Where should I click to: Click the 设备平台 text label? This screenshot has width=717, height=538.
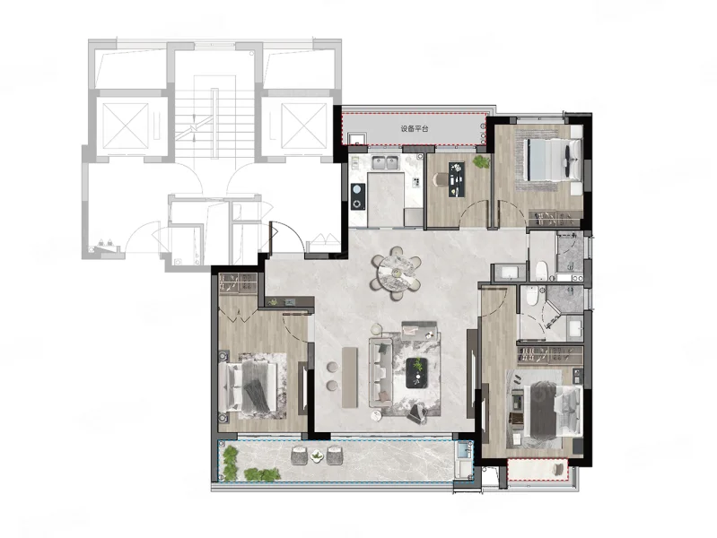click(415, 129)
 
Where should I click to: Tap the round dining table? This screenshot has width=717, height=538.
click(397, 273)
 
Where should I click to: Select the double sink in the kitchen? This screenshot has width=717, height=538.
click(385, 162)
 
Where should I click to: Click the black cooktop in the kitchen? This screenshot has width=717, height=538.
click(358, 196)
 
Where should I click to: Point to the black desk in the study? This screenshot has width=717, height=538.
click(457, 179)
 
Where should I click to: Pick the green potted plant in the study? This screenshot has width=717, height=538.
click(481, 161)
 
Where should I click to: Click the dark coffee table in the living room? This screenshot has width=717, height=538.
click(416, 372)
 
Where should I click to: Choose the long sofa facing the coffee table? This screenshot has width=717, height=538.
click(380, 372)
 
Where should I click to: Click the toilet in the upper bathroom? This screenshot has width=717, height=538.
click(541, 270)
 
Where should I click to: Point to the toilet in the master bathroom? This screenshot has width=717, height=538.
click(531, 296)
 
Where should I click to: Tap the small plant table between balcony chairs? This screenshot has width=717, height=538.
click(317, 456)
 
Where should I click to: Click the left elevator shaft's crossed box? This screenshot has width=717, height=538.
click(126, 126)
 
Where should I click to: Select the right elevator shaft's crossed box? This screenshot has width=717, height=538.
click(303, 126)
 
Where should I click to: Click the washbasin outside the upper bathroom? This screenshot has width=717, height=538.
click(510, 273)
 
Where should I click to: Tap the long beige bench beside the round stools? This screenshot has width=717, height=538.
click(349, 377)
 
